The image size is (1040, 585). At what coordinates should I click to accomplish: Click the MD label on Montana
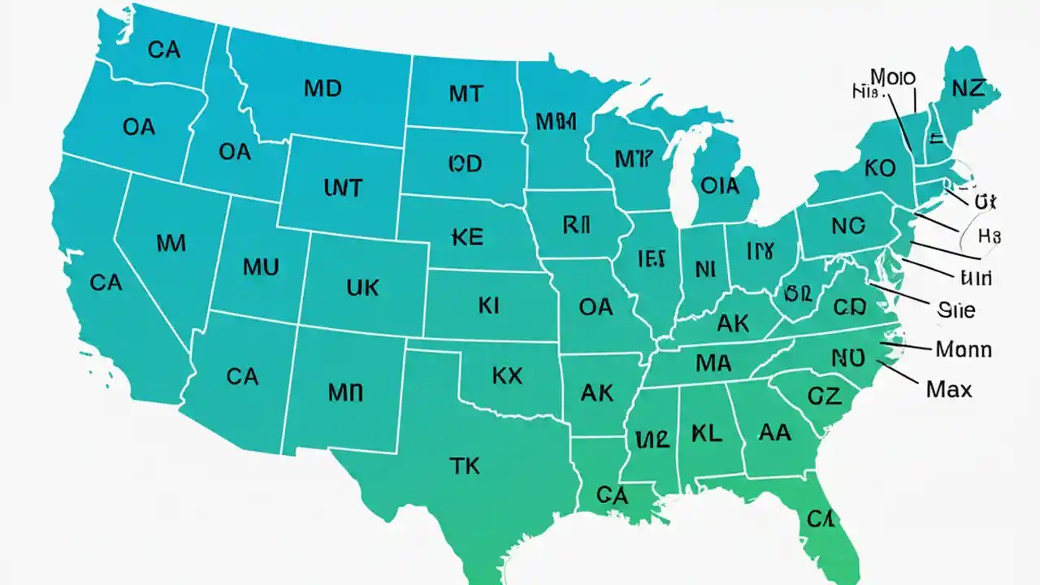click(x=323, y=89)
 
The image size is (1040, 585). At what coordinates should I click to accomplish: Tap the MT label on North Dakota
click(x=465, y=94)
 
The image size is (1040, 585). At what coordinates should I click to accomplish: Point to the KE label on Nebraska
click(x=466, y=236)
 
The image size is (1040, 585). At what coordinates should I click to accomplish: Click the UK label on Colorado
click(x=362, y=287)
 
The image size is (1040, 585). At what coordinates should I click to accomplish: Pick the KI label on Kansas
click(x=488, y=305)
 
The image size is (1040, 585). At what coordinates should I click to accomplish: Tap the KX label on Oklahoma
click(x=507, y=375)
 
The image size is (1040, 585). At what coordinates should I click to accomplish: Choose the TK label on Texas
click(x=464, y=466)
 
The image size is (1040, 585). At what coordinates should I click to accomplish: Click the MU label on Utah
click(x=261, y=266)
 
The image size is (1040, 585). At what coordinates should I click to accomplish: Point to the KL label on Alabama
click(x=706, y=433)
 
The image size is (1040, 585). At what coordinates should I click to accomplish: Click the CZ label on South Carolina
click(x=825, y=396)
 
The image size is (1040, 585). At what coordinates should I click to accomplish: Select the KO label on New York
click(x=879, y=169)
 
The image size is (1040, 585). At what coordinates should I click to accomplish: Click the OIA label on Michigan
click(x=720, y=186)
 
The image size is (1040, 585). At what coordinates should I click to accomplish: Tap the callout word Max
click(x=948, y=390)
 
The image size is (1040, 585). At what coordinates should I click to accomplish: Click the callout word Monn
click(x=964, y=349)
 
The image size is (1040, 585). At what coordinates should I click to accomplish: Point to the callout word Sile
click(x=955, y=310)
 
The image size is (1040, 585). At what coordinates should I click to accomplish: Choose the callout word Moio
click(x=893, y=78)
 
